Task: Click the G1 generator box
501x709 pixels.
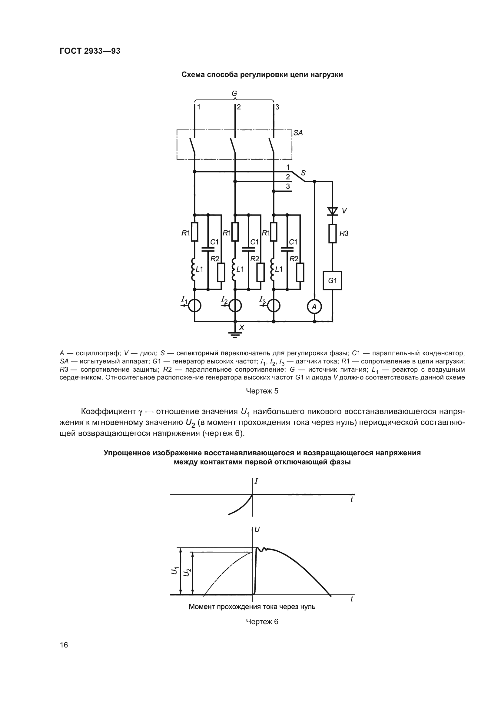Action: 332,280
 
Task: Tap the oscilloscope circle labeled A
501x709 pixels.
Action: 314,307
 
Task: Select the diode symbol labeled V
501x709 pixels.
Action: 333,211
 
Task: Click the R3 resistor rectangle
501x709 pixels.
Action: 333,233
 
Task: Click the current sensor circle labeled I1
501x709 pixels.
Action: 195,306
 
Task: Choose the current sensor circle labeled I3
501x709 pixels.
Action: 274,306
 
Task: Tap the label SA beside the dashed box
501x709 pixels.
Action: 298,133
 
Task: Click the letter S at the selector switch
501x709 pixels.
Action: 303,172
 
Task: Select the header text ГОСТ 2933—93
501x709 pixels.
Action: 90,51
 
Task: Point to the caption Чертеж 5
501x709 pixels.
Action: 262,391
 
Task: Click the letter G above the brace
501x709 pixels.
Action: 234,93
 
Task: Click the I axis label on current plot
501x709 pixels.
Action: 256,481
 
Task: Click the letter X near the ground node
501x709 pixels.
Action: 241,327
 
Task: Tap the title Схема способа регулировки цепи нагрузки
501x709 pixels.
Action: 262,75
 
